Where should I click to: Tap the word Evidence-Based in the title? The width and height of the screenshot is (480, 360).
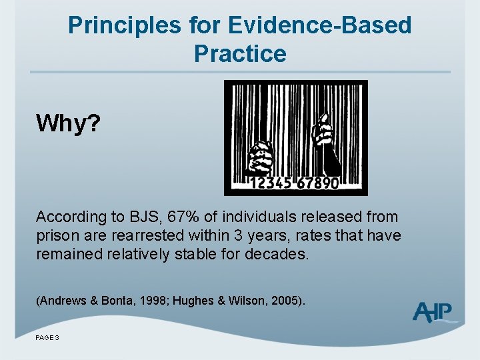point(319,25)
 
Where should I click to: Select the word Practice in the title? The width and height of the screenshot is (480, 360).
point(240,53)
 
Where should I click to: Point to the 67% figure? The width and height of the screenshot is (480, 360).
point(183,217)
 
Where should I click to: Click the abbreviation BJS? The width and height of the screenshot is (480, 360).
point(146,217)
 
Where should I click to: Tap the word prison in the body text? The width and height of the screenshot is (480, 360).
point(56,235)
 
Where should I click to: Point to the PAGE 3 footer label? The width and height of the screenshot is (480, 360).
point(48,338)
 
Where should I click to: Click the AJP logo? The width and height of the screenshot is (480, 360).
point(434,311)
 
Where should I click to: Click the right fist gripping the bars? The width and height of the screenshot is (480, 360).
point(324,131)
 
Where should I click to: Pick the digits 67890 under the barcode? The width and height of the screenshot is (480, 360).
point(317,183)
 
